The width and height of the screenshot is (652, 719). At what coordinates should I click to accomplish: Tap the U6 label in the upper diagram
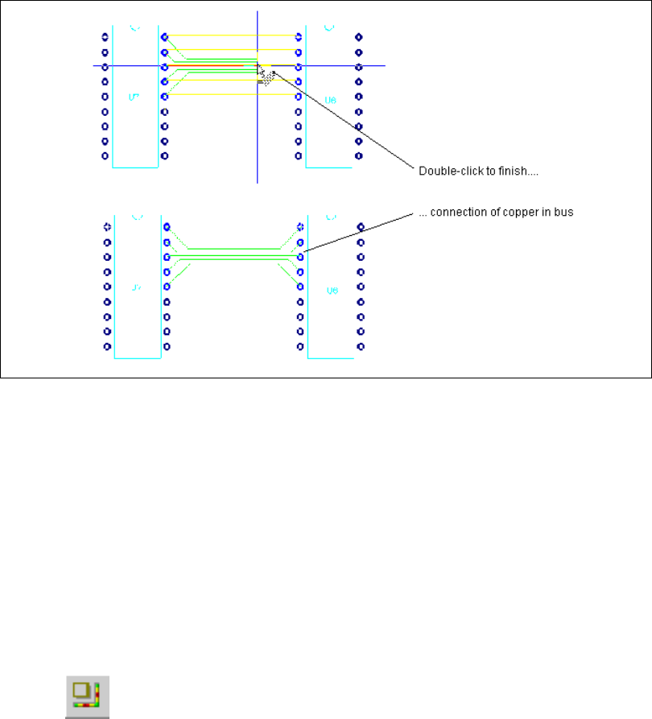329,100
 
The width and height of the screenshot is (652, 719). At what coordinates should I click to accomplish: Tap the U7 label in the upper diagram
134,97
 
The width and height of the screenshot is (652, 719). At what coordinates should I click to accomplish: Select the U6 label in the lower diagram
331,290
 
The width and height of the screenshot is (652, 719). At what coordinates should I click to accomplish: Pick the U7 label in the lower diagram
136,287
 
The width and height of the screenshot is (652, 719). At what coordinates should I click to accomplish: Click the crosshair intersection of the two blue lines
257,66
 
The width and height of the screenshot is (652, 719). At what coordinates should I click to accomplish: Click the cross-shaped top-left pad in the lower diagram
106,227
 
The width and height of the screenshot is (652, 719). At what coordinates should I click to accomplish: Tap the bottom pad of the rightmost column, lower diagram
360,347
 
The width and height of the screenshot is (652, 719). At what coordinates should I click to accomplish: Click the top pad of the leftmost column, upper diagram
105,37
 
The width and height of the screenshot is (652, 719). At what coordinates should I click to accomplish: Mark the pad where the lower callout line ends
300,257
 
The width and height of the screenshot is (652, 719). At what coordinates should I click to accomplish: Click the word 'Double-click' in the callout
443,171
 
